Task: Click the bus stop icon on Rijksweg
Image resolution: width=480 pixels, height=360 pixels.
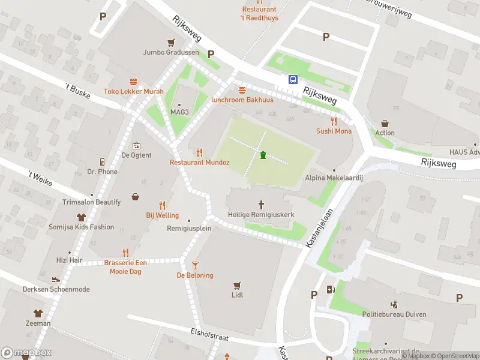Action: pyautogui.click(x=293, y=79)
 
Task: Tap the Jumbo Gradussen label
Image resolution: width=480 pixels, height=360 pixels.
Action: pyautogui.click(x=170, y=52)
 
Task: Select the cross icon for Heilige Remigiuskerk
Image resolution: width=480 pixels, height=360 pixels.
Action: pyautogui.click(x=262, y=205)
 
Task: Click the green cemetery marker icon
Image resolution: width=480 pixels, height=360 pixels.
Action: pyautogui.click(x=263, y=156)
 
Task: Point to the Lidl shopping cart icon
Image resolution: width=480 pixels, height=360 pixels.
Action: pyautogui.click(x=237, y=285)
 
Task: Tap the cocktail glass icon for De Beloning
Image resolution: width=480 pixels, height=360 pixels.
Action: pyautogui.click(x=194, y=265)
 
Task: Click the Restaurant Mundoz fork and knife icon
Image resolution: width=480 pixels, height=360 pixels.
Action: pyautogui.click(x=199, y=152)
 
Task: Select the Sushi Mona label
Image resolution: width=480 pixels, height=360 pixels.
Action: pyautogui.click(x=334, y=131)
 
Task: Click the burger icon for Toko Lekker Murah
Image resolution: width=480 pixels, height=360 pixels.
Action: pyautogui.click(x=133, y=81)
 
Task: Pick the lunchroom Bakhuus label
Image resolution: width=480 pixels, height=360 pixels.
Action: pyautogui.click(x=242, y=100)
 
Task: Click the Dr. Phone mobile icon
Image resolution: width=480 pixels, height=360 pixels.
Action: pyautogui.click(x=103, y=161)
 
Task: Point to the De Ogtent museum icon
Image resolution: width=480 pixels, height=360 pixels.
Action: pyautogui.click(x=136, y=145)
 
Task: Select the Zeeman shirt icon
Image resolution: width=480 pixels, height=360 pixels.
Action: pyautogui.click(x=38, y=313)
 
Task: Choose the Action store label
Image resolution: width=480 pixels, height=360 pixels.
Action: pyautogui.click(x=385, y=133)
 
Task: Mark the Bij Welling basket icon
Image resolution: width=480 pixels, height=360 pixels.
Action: pyautogui.click(x=136, y=196)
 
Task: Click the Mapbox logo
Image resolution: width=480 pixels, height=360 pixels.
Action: pyautogui.click(x=26, y=352)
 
